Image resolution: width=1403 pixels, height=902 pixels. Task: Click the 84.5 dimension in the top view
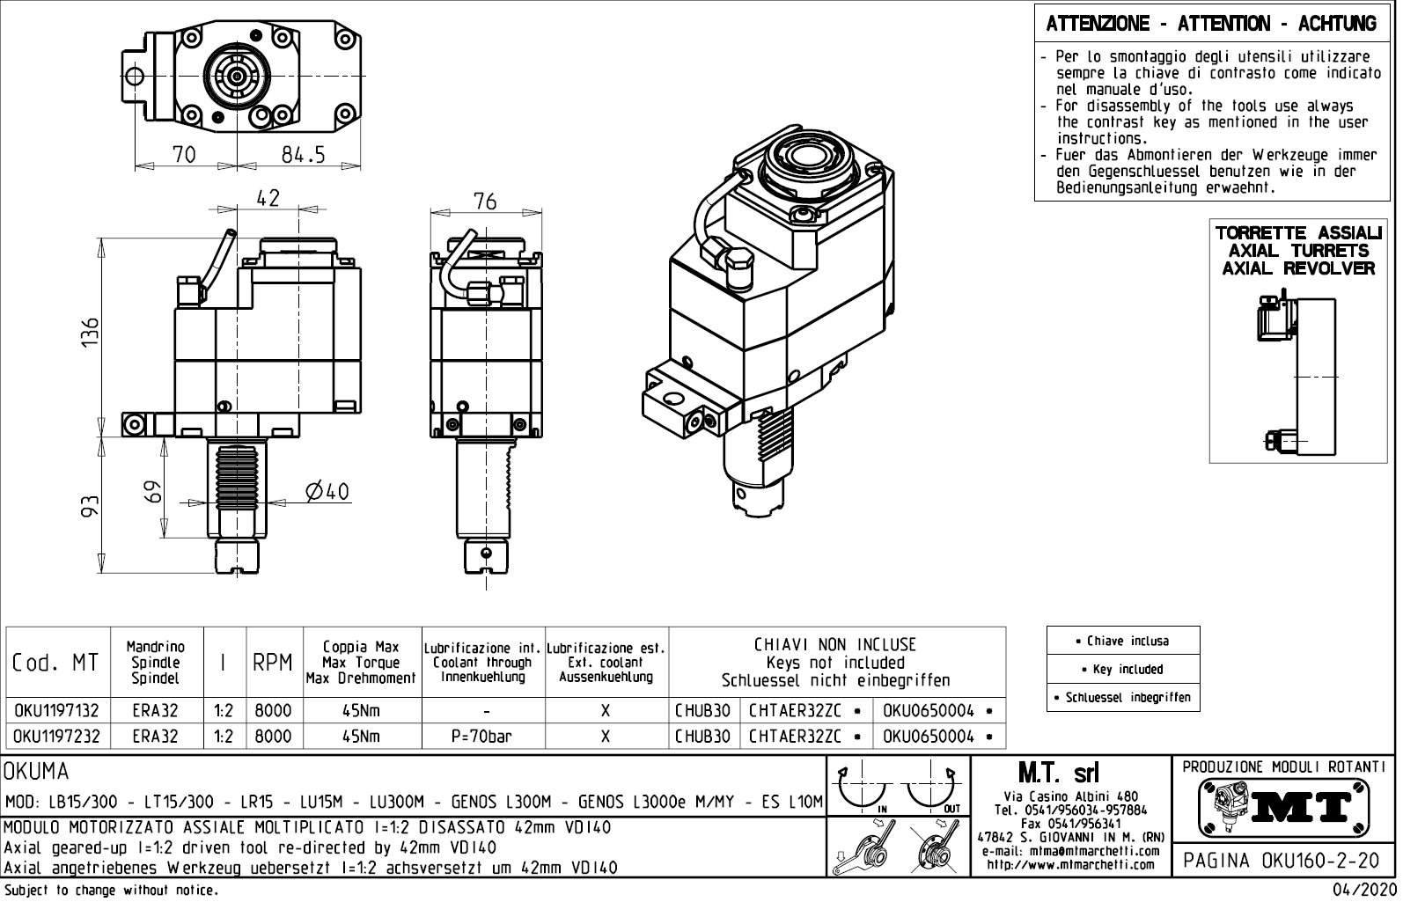[304, 155]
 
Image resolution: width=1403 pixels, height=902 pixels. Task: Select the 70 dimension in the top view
[184, 155]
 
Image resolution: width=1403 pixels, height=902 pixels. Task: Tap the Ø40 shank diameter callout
[327, 491]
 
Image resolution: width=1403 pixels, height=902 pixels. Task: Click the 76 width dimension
[485, 201]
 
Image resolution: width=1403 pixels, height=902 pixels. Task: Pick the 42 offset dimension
[268, 198]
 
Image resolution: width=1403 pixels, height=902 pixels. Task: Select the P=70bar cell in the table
[483, 737]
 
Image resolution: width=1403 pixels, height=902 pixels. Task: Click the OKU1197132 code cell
[56, 711]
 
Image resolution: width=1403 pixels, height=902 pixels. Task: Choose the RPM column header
[273, 663]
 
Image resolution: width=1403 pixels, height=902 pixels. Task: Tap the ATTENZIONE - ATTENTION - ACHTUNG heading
[1211, 24]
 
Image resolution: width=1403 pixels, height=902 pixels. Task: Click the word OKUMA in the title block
[37, 772]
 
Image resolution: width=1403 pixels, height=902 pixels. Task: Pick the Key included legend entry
[1123, 669]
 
